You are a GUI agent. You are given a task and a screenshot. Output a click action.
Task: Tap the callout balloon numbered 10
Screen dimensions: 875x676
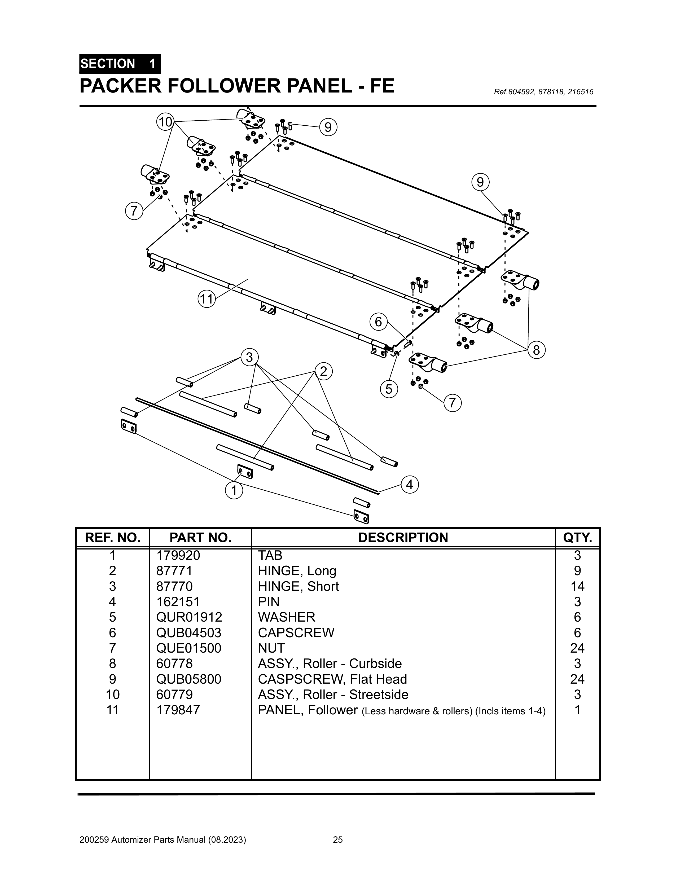165,122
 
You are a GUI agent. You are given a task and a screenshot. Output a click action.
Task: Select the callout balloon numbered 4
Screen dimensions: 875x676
409,485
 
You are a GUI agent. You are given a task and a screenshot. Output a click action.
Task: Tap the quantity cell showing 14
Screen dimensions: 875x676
577,586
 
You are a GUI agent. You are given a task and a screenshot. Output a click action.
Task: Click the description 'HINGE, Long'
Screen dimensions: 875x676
297,570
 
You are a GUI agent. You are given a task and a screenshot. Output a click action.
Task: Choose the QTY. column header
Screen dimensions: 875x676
577,538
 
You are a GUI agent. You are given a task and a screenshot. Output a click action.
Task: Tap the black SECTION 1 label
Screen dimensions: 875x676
120,64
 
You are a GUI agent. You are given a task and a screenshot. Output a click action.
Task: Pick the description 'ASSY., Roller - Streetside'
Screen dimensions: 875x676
333,694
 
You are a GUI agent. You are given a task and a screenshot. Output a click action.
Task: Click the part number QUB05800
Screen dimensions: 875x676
189,679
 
